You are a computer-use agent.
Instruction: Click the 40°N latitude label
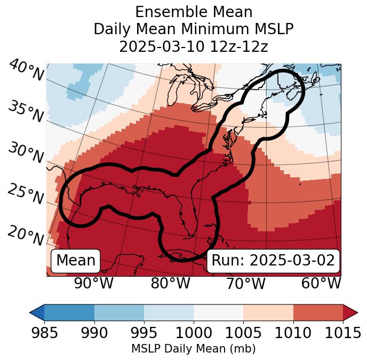pos(26,71)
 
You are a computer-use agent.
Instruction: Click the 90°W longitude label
pos(94,283)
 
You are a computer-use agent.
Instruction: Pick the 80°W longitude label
pos(170,283)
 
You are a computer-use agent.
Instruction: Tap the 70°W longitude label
pos(245,283)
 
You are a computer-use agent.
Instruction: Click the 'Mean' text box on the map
pos(76,261)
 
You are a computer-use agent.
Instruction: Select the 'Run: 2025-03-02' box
pos(273,261)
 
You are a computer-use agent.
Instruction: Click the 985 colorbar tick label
pos(44,333)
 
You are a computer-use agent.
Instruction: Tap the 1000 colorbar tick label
pos(194,333)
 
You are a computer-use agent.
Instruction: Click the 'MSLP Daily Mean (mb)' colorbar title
pos(194,349)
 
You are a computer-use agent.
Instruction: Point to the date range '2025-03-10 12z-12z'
pos(194,46)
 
